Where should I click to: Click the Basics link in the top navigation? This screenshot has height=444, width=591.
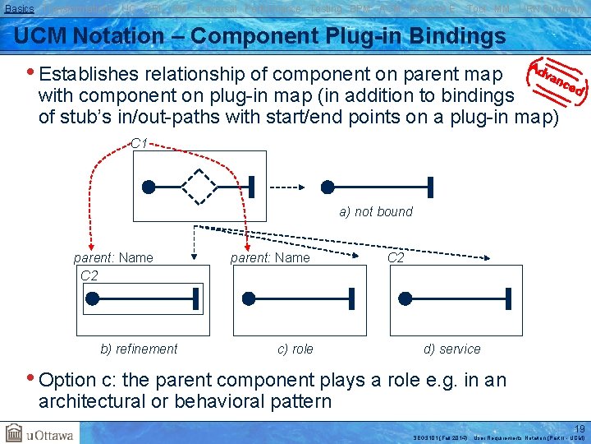[x=20, y=8]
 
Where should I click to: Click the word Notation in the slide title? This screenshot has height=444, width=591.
[x=121, y=36]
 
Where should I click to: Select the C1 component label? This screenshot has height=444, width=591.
[x=139, y=144]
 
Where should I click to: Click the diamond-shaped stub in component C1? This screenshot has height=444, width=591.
[x=199, y=187]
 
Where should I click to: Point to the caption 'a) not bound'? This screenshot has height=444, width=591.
[x=376, y=212]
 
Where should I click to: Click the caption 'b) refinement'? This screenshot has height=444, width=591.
[x=139, y=349]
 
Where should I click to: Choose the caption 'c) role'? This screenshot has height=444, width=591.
[x=295, y=349]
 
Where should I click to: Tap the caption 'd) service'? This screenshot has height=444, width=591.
[x=451, y=349]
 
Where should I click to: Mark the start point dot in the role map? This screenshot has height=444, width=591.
[x=250, y=298]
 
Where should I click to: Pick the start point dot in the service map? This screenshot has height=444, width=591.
[x=405, y=298]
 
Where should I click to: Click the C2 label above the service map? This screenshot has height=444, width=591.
[x=396, y=257]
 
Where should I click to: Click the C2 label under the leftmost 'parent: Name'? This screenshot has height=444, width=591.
[x=89, y=275]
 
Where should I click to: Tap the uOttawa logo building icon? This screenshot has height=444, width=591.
[x=14, y=433]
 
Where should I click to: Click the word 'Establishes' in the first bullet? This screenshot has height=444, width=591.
[x=88, y=74]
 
